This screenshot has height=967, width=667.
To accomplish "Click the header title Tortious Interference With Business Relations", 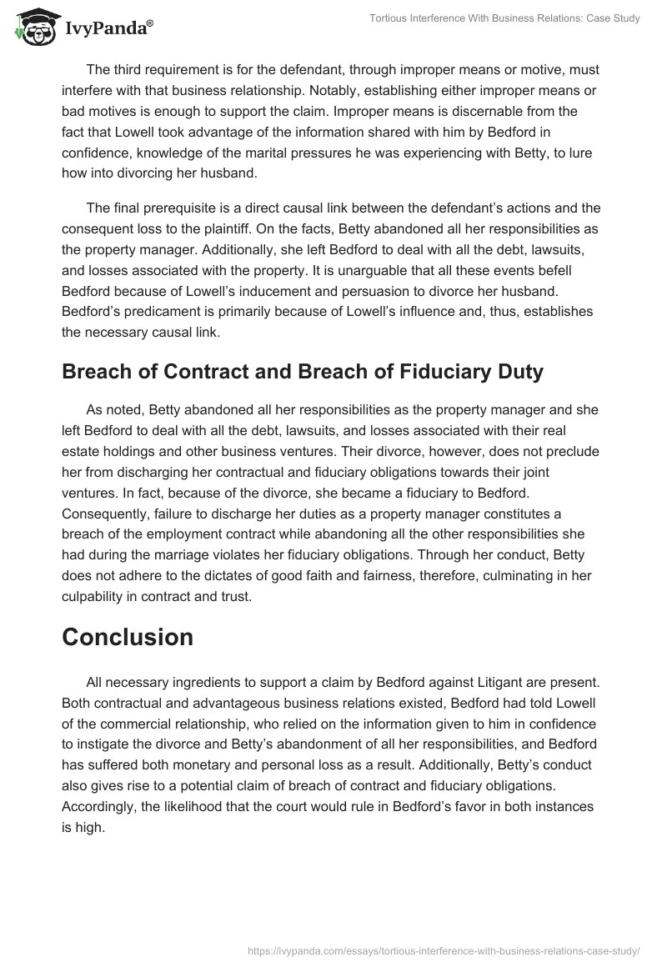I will [x=505, y=18].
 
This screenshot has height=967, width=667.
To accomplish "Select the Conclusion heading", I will [x=128, y=637].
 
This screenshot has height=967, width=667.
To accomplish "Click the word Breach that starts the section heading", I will [x=92, y=372].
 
